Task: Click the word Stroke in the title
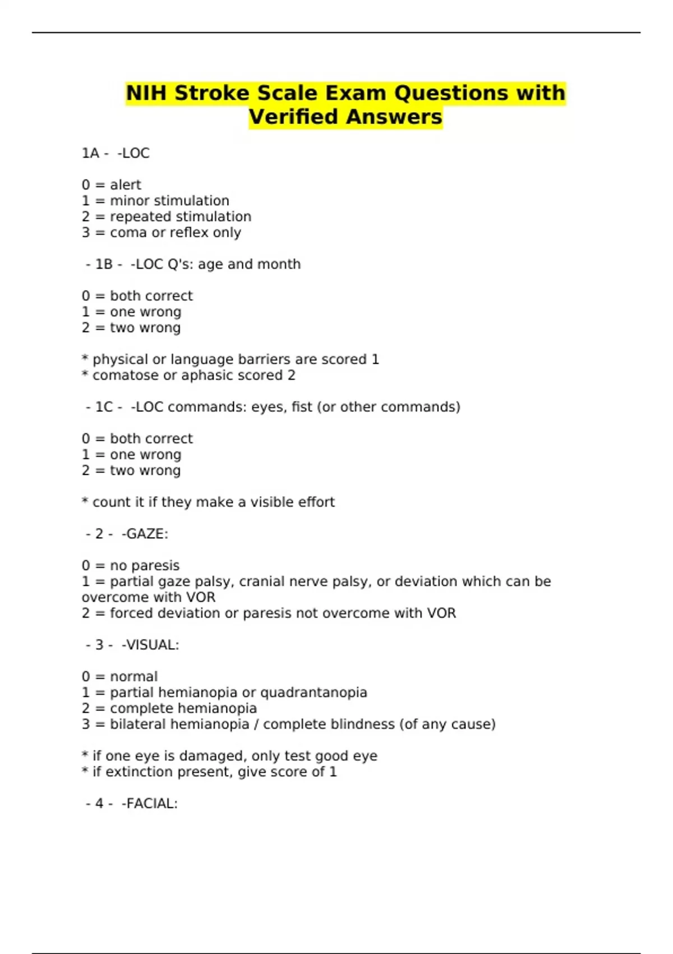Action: pyautogui.click(x=211, y=93)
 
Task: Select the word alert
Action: pyautogui.click(x=126, y=185)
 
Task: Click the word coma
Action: pyautogui.click(x=128, y=232)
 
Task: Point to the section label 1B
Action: pyautogui.click(x=104, y=264)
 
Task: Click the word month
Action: pyautogui.click(x=279, y=264)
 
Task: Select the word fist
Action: pyautogui.click(x=302, y=407)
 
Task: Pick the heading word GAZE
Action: pyautogui.click(x=145, y=534)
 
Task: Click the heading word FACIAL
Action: pyautogui.click(x=150, y=804)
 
